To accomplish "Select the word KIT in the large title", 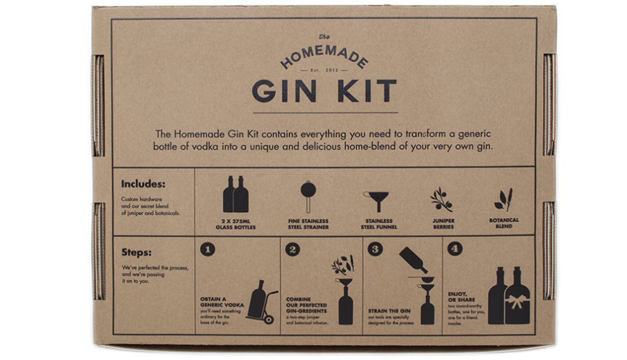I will (362, 91).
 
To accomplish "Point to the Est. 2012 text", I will (324, 69).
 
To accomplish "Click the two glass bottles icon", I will (238, 194).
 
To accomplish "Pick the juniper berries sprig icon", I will (441, 199).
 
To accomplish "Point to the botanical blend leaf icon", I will (503, 199).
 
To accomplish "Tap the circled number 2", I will (292, 250).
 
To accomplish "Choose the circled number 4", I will (454, 250).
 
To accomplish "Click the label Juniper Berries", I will (443, 224).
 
